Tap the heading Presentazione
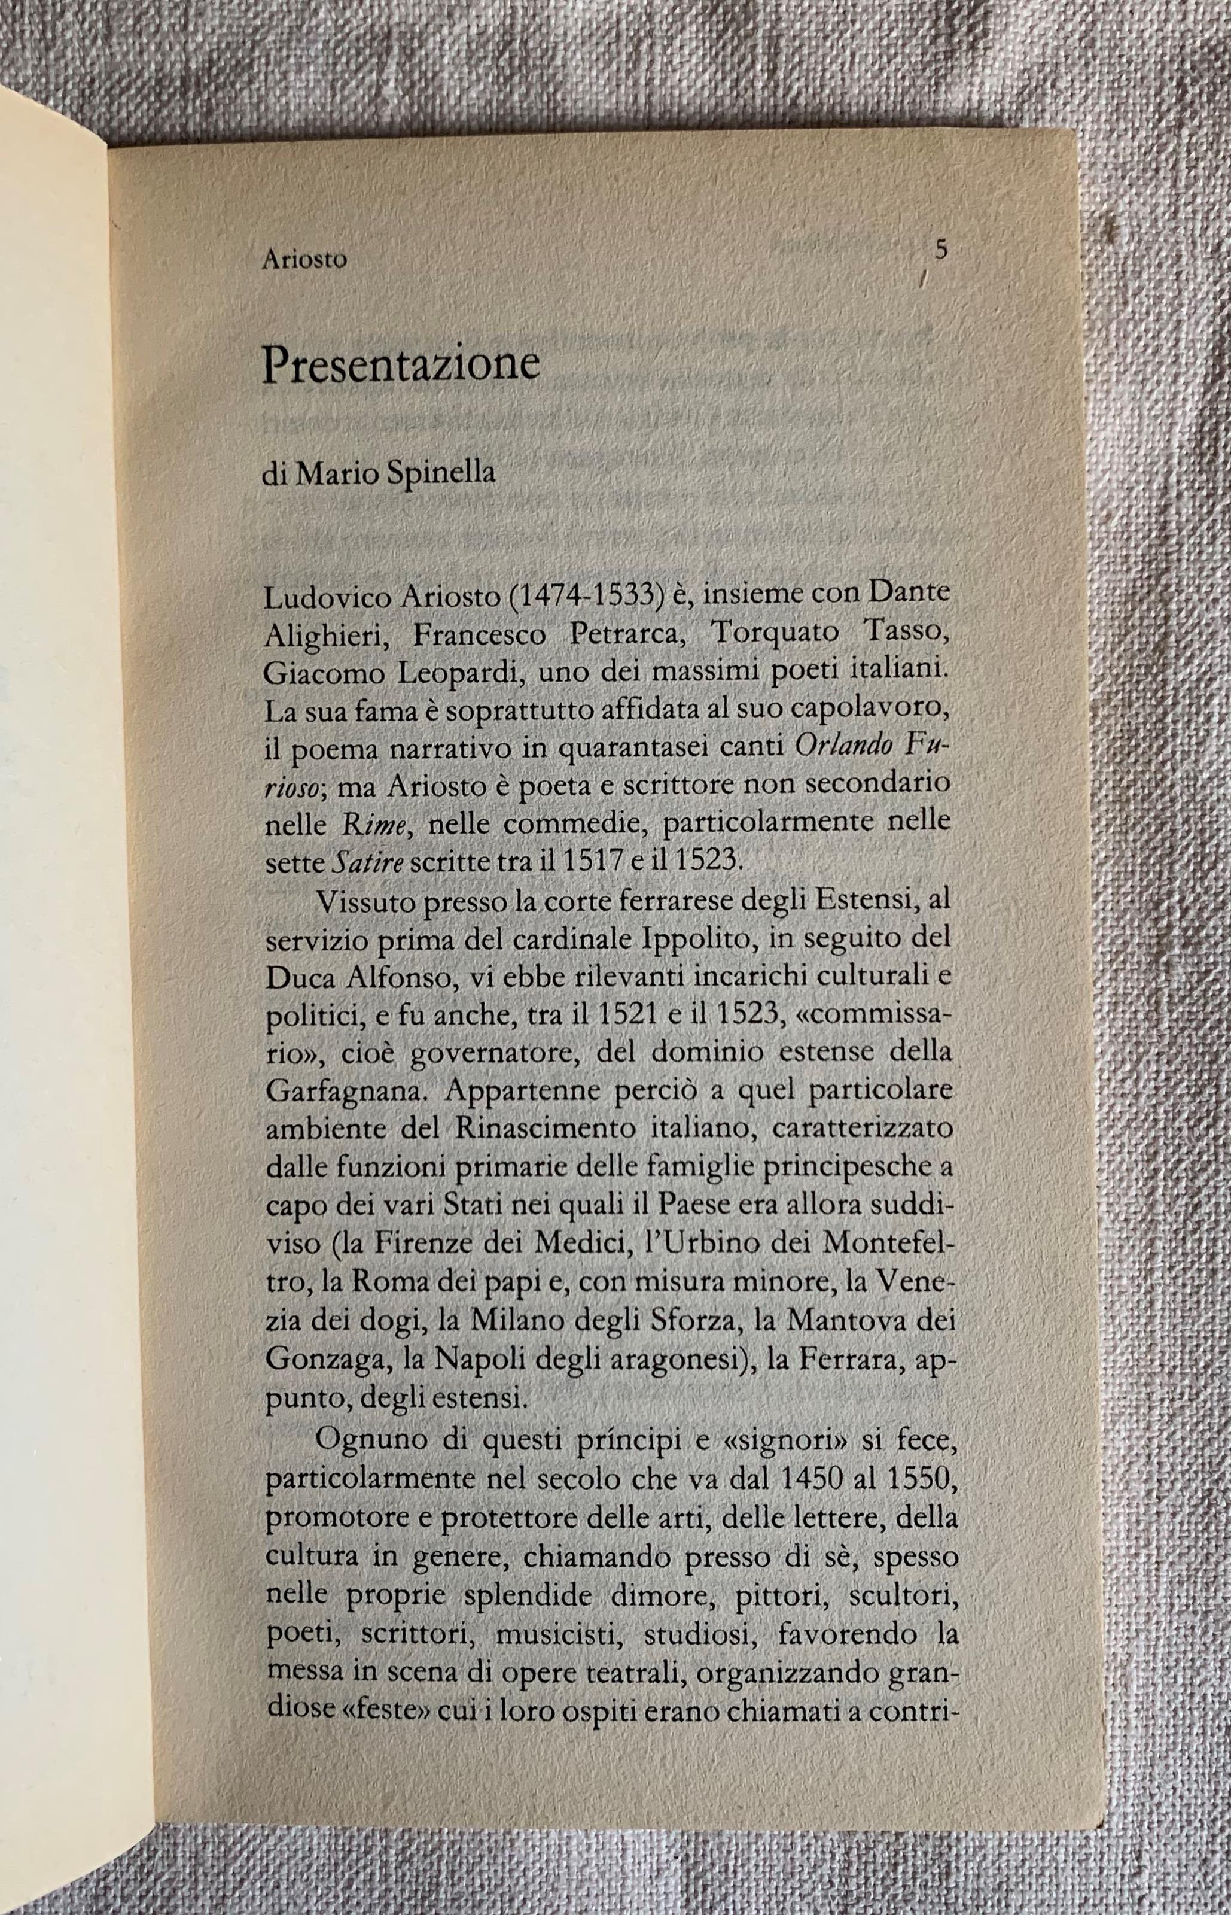click(x=401, y=366)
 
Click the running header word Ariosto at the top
click(x=304, y=261)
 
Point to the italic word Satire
click(x=359, y=862)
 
